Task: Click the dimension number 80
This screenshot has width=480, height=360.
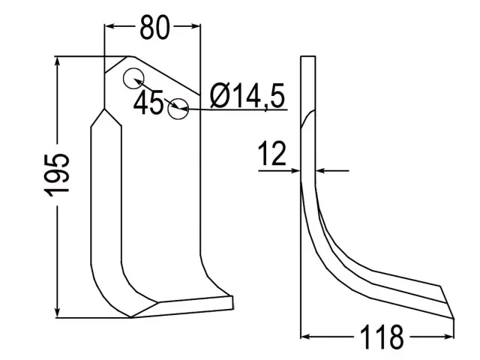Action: [154, 27]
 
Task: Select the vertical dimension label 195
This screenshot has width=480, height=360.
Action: [57, 175]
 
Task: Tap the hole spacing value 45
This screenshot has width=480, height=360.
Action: [148, 103]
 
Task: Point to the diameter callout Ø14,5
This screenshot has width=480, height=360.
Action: [247, 96]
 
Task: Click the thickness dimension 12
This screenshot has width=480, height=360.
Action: [272, 153]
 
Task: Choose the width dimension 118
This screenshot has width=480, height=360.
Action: [382, 337]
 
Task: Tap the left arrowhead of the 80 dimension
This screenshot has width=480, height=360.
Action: [109, 26]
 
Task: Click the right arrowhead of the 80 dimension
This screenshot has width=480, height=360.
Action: [195, 26]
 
